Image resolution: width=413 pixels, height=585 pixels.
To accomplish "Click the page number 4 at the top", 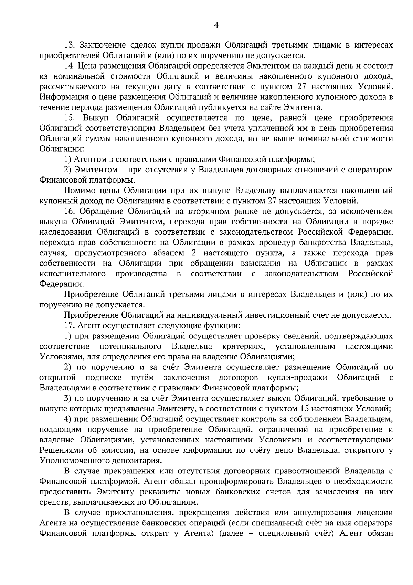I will click(216, 25).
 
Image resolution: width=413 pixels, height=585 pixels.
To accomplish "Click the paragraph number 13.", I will click(70, 45).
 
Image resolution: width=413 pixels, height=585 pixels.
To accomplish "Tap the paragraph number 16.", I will click(70, 211).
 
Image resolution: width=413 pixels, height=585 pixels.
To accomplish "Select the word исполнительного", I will click(73, 274).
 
